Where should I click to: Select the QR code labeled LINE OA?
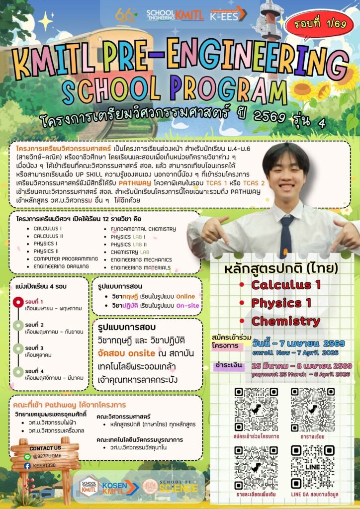312,465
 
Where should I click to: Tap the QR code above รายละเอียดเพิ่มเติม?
256,465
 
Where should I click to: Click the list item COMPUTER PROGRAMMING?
66,258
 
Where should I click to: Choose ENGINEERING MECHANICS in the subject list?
141,259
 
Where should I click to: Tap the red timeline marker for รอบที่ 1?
18,302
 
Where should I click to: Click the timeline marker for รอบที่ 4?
18,371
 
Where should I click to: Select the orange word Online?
185,297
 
